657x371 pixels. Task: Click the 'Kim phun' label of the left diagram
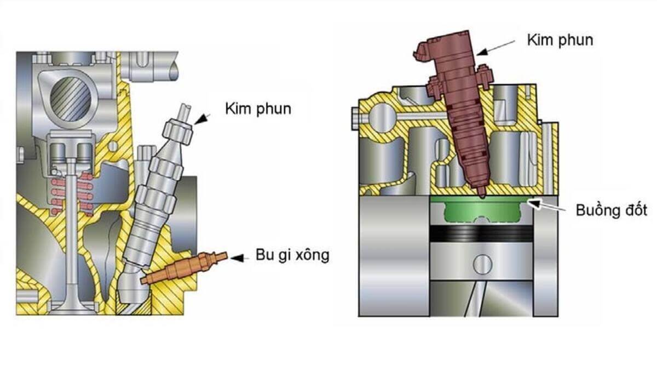pos(258,109)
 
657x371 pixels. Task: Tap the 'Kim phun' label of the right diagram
pos(560,39)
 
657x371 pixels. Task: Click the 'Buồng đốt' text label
pos(611,210)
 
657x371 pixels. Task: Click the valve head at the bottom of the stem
pos(71,304)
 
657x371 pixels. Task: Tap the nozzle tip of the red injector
pos(481,195)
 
